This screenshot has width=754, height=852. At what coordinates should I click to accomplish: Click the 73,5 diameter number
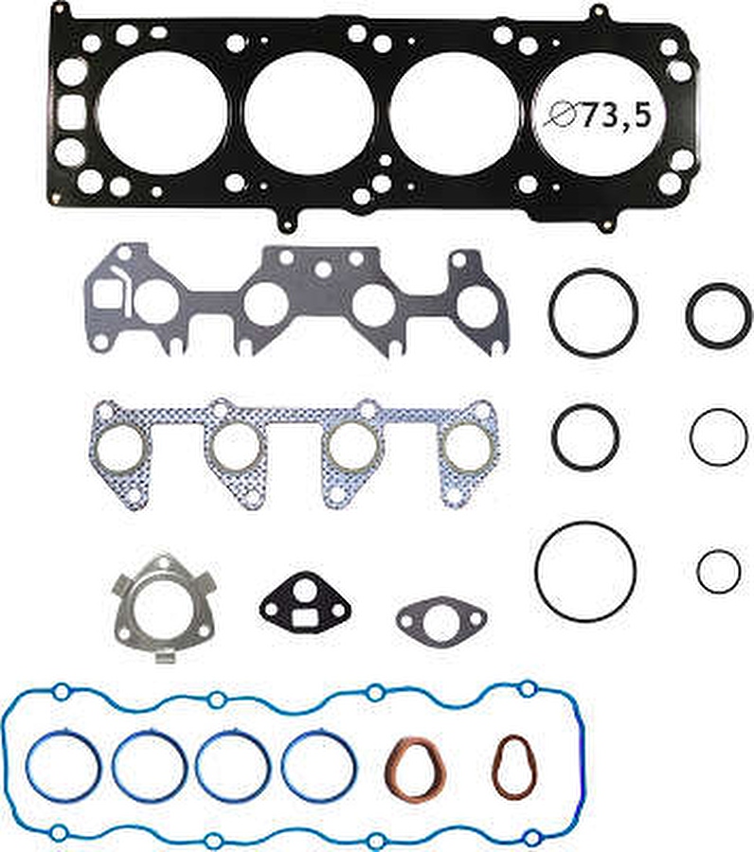point(617,115)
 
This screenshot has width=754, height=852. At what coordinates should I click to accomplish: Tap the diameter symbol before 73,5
point(561,115)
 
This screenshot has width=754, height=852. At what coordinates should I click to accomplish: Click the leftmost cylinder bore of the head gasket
point(161,113)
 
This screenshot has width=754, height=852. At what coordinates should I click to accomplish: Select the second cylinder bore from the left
point(310,113)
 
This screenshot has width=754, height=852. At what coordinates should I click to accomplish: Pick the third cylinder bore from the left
point(455,113)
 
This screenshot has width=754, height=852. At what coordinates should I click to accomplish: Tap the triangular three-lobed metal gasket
point(164,608)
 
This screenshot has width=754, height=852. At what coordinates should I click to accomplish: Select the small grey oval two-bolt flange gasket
point(441,622)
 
